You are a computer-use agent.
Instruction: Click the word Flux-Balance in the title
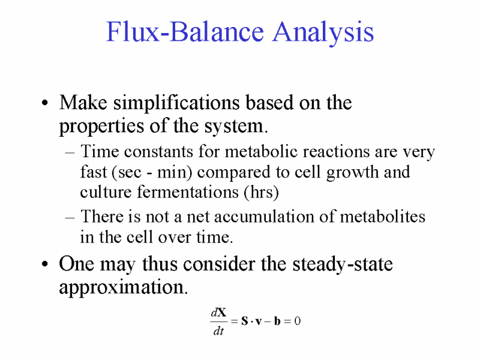[185, 31]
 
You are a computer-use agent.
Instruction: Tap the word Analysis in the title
[323, 33]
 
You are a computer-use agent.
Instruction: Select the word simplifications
[176, 103]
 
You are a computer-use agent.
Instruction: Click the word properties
[101, 126]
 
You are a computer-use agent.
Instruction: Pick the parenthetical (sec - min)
[152, 172]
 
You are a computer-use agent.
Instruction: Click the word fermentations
[187, 192]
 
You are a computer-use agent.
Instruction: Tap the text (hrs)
[261, 193]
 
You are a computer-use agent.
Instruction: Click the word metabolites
[383, 217]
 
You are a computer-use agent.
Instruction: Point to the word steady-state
[343, 265]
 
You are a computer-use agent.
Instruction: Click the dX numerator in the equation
[218, 313]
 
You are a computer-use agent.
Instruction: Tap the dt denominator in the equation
[218, 331]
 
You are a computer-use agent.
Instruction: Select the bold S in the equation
[244, 321]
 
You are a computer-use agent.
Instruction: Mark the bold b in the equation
[277, 321]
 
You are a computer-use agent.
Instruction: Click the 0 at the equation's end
[297, 321]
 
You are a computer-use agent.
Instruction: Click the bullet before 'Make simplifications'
[45, 103]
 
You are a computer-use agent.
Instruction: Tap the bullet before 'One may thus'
[45, 264]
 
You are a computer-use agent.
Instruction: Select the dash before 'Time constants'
[70, 152]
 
